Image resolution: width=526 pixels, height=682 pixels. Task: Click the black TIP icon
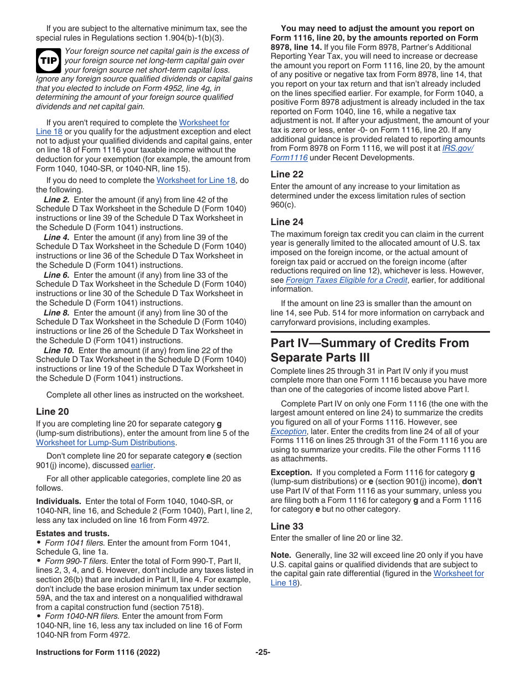(x=49, y=61)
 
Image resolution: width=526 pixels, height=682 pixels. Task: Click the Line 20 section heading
(x=53, y=411)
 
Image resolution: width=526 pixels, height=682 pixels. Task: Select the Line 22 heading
(x=287, y=174)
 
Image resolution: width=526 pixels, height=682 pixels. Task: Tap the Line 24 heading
(x=287, y=222)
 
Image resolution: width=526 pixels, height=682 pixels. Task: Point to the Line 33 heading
(x=287, y=526)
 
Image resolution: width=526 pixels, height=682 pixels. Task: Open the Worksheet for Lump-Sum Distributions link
(x=105, y=443)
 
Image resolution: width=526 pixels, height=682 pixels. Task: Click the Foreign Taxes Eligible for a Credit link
(x=346, y=280)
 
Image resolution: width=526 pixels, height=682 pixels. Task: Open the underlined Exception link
(x=288, y=431)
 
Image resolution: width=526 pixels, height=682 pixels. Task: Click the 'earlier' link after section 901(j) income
(x=142, y=465)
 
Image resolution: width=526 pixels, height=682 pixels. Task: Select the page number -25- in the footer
(x=262, y=653)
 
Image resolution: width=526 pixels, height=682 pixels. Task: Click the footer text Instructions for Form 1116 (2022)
(x=98, y=653)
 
